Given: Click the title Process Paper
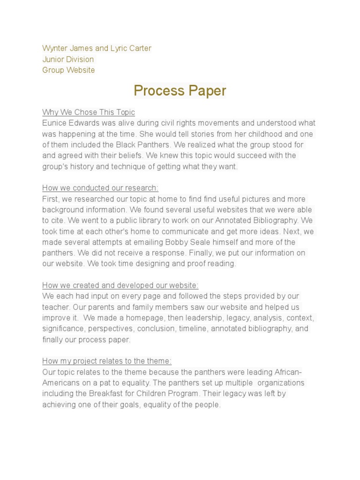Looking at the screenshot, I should click(180, 90).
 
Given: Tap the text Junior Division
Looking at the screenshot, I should click(68, 59).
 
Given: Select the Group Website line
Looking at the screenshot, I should click(68, 70).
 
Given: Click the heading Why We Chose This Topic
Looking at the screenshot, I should click(89, 112).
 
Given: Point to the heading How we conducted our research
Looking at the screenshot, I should click(100, 188).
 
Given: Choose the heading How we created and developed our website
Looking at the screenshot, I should click(120, 285).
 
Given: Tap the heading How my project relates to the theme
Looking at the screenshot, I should click(107, 361).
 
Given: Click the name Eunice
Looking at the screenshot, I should click(54, 123).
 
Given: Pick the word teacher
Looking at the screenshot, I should click(56, 307).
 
